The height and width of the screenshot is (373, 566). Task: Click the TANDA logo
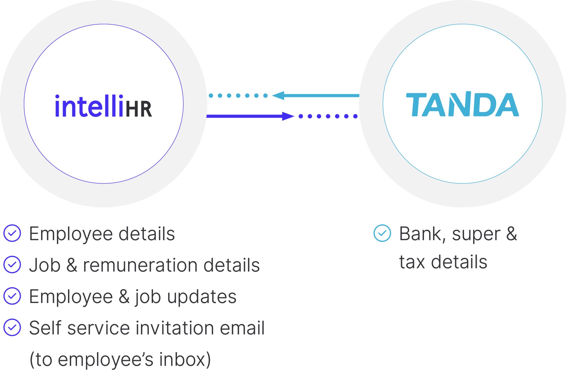click(x=462, y=105)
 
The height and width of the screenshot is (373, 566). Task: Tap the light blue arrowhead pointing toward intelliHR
click(x=278, y=95)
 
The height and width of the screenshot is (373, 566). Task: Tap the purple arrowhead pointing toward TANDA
click(x=288, y=116)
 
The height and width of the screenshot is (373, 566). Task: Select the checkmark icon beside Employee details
click(x=12, y=233)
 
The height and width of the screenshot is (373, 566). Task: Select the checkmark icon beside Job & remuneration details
click(x=12, y=265)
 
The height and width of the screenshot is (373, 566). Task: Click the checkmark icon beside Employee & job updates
click(x=12, y=296)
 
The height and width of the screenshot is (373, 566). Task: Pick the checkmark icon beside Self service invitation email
click(x=12, y=327)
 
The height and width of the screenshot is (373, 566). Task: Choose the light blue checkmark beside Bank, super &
click(x=382, y=233)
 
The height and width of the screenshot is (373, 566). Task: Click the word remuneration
click(x=140, y=265)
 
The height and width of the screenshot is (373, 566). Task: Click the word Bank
click(x=420, y=234)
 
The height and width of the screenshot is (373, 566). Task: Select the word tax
click(x=412, y=262)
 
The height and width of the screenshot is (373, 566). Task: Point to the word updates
click(x=201, y=297)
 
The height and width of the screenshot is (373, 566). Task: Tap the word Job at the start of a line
click(x=45, y=265)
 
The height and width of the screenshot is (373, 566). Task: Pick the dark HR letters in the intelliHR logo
click(x=139, y=109)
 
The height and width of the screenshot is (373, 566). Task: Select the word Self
click(x=45, y=328)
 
